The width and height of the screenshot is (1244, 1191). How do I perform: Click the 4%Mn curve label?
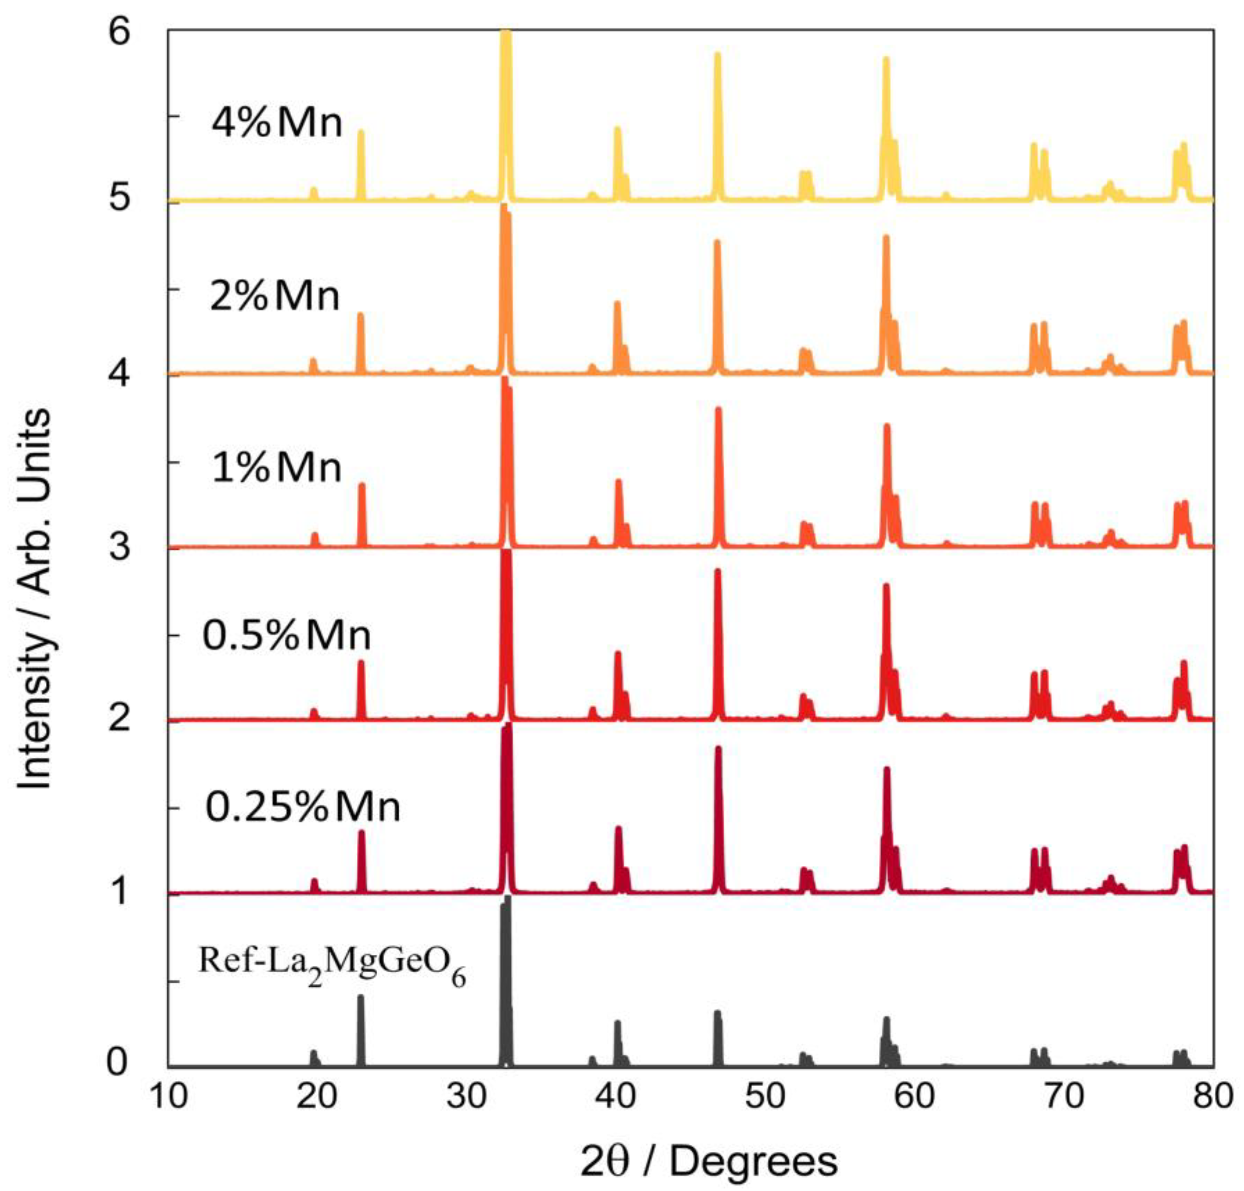[277, 123]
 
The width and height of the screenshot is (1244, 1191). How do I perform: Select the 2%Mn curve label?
[275, 296]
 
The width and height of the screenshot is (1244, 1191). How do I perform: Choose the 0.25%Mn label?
[303, 808]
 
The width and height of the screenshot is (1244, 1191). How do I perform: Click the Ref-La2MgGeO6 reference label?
[332, 966]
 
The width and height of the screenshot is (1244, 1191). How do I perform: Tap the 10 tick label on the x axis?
[169, 1096]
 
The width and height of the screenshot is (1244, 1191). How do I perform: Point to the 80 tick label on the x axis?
[1211, 1096]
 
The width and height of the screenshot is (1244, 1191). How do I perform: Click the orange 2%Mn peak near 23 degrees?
[361, 343]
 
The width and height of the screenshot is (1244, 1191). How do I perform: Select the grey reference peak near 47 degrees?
[718, 1041]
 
